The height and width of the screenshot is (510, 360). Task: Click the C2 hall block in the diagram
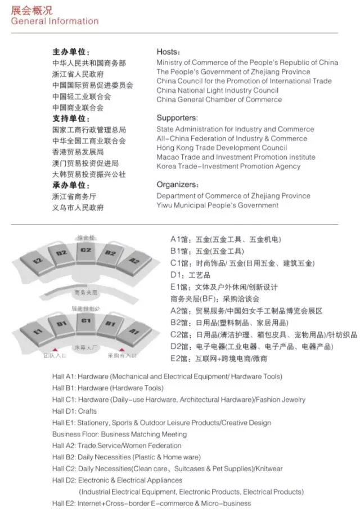tap(86, 250)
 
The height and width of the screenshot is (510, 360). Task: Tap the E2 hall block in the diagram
tap(38, 261)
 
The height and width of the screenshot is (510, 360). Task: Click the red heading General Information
tap(55, 21)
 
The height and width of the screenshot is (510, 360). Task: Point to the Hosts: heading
tap(168, 52)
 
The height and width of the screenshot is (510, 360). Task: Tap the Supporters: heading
tap(177, 118)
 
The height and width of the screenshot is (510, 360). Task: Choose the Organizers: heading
tap(177, 185)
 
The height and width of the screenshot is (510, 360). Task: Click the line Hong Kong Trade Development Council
tap(222, 147)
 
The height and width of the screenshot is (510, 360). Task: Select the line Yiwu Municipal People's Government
tap(217, 205)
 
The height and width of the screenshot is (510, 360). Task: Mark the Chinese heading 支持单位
tap(71, 119)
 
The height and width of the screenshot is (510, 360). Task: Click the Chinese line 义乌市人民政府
tap(78, 208)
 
